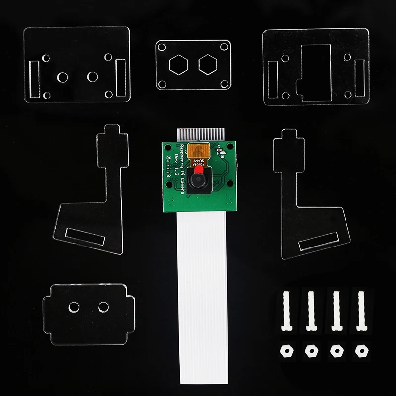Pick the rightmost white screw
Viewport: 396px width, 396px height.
tap(360, 310)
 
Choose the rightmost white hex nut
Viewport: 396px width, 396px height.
tap(360, 350)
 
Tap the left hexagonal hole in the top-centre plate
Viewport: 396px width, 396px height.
tap(177, 64)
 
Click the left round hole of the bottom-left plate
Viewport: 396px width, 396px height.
tap(74, 307)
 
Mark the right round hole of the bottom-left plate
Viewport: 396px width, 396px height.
tap(103, 307)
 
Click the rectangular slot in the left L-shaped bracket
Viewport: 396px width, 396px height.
tap(85, 237)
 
